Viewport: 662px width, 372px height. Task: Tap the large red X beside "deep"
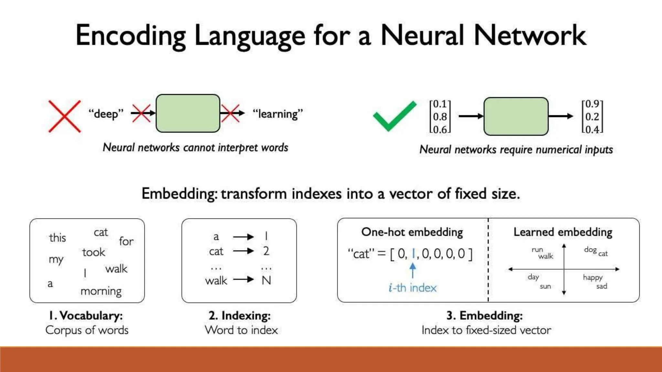tap(64, 116)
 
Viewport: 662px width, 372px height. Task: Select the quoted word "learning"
tap(278, 114)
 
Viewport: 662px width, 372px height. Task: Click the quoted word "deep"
tap(106, 114)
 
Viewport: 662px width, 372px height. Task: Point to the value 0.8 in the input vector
tap(440, 117)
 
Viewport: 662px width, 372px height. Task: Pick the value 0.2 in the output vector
tap(592, 117)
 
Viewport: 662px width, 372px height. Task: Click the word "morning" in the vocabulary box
tap(101, 291)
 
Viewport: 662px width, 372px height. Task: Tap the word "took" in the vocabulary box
tap(93, 252)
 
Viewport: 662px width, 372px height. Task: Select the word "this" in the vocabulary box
tap(58, 238)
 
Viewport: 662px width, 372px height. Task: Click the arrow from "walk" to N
tap(243, 280)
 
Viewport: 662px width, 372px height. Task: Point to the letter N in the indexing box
tap(266, 280)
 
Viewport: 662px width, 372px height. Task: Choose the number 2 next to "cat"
tap(266, 251)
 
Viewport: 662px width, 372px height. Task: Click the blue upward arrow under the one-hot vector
tap(413, 270)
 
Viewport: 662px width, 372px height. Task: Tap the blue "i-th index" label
tap(412, 288)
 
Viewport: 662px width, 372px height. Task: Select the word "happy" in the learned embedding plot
tap(593, 278)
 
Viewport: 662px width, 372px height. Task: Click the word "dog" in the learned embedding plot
tap(590, 250)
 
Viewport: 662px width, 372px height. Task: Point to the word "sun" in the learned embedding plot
tap(545, 286)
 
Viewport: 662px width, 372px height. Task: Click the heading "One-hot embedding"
tap(412, 232)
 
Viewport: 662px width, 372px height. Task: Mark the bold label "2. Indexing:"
tap(240, 315)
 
